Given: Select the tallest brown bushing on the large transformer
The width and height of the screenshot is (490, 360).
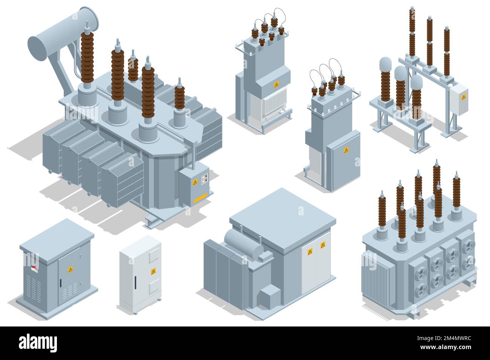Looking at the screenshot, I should pos(87,56).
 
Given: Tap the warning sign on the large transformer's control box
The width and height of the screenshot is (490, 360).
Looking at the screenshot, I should pos(195,182).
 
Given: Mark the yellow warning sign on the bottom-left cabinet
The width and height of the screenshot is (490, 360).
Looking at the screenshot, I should pos(70,269).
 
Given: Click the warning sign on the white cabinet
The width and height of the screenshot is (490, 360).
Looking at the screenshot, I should pos(153,271).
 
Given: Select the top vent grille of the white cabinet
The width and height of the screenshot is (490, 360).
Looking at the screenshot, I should pos(154,256).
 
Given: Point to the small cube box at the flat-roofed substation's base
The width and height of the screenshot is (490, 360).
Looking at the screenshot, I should pos(268,296).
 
